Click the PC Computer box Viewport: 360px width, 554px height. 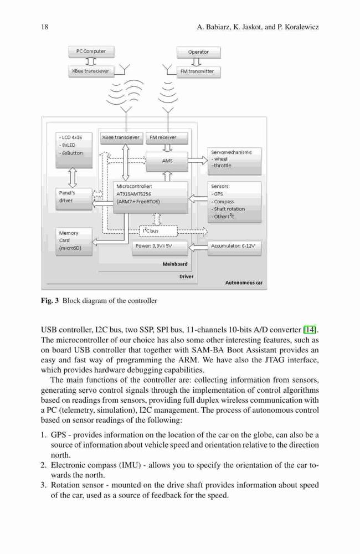click(x=91, y=52)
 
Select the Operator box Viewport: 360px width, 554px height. click(x=198, y=52)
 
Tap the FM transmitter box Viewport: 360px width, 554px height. click(x=198, y=71)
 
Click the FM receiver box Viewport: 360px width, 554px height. click(x=167, y=138)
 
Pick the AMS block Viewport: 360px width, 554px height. click(x=167, y=161)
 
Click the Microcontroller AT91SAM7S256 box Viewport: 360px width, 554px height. click(x=150, y=197)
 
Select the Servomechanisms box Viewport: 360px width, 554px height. click(x=234, y=161)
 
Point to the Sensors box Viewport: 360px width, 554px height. click(x=234, y=202)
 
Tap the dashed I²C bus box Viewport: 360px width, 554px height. click(x=158, y=231)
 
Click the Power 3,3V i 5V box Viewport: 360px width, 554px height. click(x=160, y=248)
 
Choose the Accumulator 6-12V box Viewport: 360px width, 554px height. click(x=234, y=248)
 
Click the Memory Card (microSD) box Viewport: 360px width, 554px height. click(x=74, y=242)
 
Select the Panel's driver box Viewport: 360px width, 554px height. click(x=74, y=199)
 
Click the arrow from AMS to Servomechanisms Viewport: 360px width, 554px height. click(x=198, y=161)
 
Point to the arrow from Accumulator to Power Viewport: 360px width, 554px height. click(x=198, y=247)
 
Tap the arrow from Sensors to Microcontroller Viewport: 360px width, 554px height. click(x=198, y=198)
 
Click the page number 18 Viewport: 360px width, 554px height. click(x=44, y=27)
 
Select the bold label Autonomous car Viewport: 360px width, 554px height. click(x=244, y=283)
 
